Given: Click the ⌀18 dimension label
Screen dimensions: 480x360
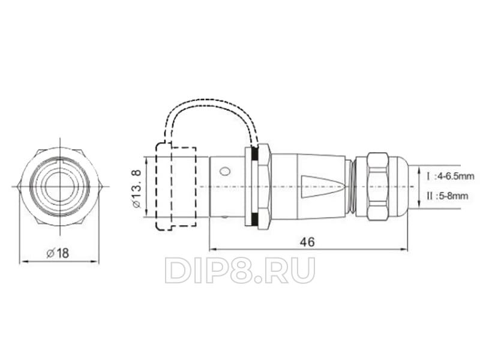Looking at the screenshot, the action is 58,253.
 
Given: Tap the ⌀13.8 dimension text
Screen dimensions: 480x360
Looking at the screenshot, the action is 137,189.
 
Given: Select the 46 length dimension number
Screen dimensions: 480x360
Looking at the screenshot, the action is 307,242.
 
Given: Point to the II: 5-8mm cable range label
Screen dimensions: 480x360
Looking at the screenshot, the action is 448,196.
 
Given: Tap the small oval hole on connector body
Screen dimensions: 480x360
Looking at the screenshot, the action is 224,171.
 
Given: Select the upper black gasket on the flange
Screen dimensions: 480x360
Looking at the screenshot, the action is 254,154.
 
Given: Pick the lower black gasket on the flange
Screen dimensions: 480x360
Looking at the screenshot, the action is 254,219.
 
